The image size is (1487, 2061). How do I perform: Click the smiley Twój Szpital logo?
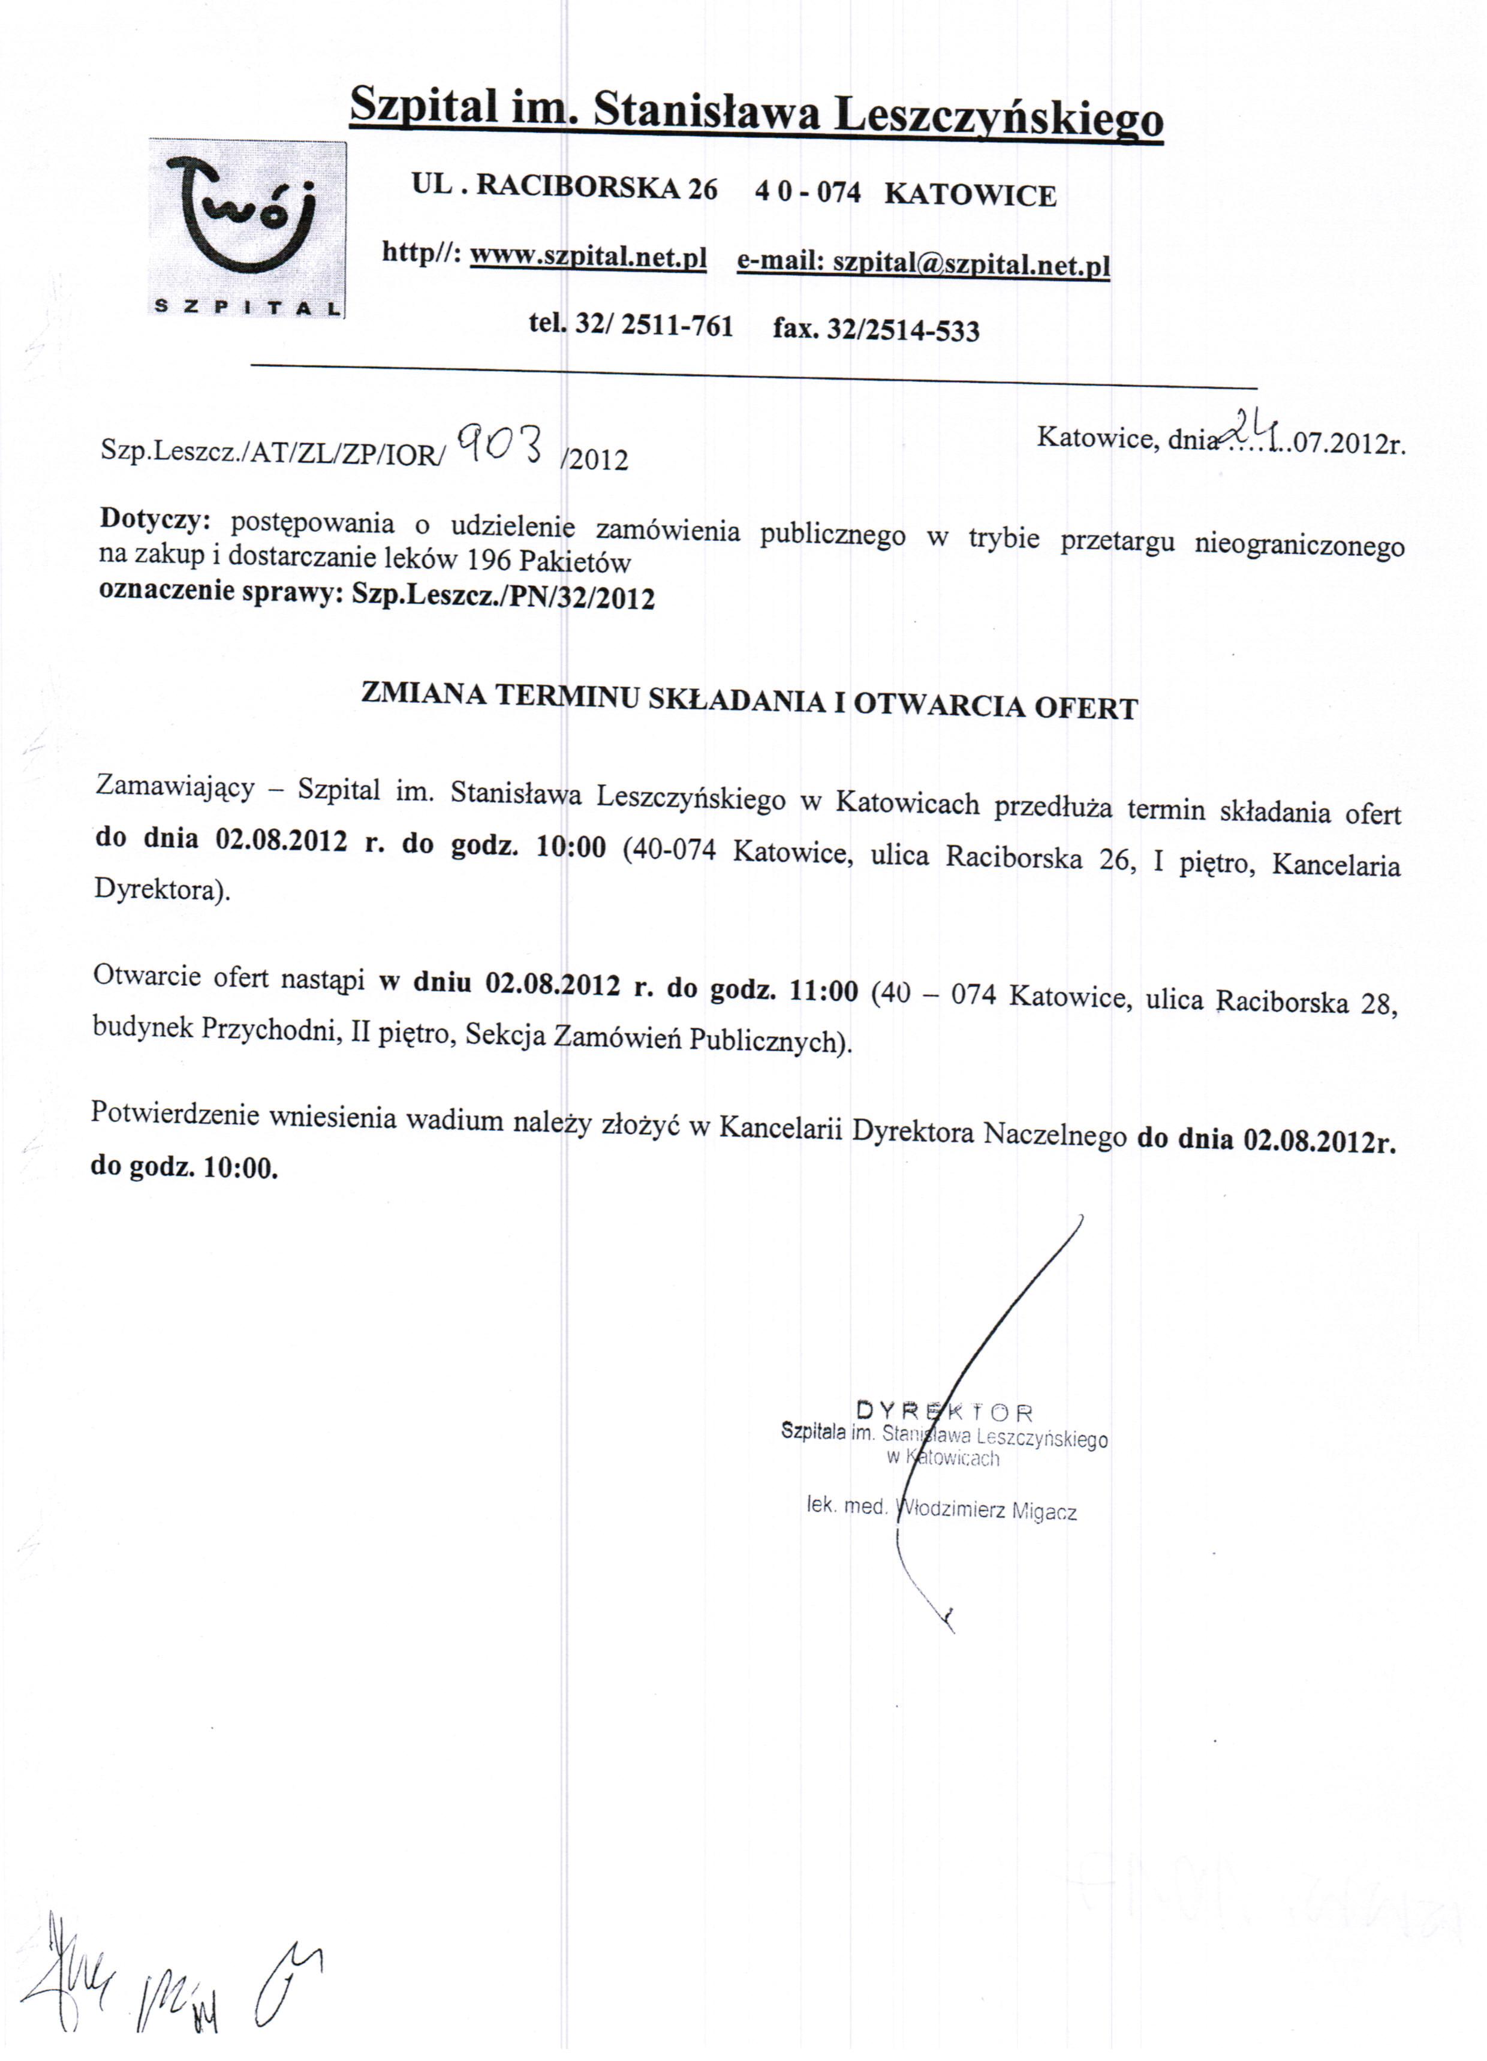(x=247, y=227)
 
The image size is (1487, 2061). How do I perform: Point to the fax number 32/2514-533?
(x=902, y=329)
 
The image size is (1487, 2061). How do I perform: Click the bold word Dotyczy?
(x=155, y=519)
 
